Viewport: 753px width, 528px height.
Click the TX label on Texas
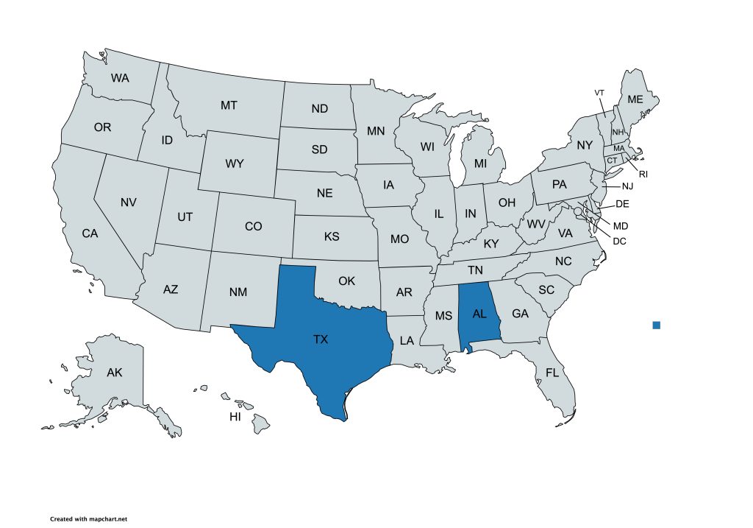pyautogui.click(x=321, y=339)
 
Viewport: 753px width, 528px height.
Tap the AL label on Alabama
pyautogui.click(x=480, y=314)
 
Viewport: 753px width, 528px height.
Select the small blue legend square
pyautogui.click(x=657, y=325)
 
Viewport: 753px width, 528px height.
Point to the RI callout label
pyautogui.click(x=643, y=175)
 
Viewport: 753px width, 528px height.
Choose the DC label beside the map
pyautogui.click(x=619, y=241)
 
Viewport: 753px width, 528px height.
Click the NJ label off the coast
pyautogui.click(x=627, y=186)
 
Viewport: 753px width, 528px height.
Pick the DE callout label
pyautogui.click(x=622, y=204)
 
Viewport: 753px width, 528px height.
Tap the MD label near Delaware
pyautogui.click(x=621, y=225)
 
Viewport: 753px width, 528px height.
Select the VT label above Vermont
pyautogui.click(x=599, y=92)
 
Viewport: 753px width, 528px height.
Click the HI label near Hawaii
pyautogui.click(x=235, y=417)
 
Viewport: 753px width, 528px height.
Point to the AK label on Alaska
pyautogui.click(x=114, y=373)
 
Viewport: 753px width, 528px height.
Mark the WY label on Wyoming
pyautogui.click(x=235, y=163)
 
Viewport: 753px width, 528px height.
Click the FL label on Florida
pyautogui.click(x=553, y=373)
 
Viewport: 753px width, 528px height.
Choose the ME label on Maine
pyautogui.click(x=635, y=99)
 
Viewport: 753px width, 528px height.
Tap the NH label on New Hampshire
pyautogui.click(x=618, y=132)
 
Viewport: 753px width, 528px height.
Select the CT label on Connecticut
pyautogui.click(x=611, y=161)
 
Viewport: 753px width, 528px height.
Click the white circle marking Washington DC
pyautogui.click(x=579, y=211)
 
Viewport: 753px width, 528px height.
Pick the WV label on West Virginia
pyautogui.click(x=536, y=223)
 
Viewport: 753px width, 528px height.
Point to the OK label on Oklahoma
pyautogui.click(x=346, y=281)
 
